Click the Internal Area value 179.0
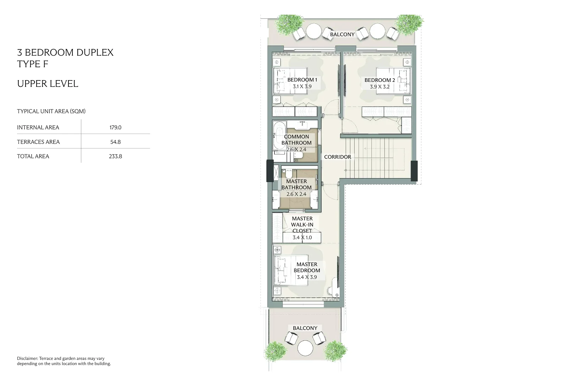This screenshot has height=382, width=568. (x=115, y=127)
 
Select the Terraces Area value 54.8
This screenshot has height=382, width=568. (x=115, y=142)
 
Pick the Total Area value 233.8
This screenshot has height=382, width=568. (x=115, y=156)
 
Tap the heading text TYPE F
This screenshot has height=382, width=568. (x=32, y=64)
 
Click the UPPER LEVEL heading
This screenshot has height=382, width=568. (x=48, y=84)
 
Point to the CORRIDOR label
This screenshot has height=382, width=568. (x=338, y=157)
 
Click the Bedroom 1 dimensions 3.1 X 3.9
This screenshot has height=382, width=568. (x=302, y=86)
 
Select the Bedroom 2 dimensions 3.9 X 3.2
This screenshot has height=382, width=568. (x=379, y=86)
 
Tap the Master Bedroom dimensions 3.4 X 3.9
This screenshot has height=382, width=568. (x=307, y=277)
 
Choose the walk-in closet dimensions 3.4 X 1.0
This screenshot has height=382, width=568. (x=302, y=237)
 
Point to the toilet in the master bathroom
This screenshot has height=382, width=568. (x=289, y=174)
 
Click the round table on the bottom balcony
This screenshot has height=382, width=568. (x=305, y=348)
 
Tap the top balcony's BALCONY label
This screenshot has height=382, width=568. (x=342, y=34)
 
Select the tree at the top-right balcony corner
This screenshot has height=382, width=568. (x=409, y=24)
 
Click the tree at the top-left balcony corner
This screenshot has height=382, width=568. (x=289, y=24)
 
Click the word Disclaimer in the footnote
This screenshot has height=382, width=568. (x=27, y=359)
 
